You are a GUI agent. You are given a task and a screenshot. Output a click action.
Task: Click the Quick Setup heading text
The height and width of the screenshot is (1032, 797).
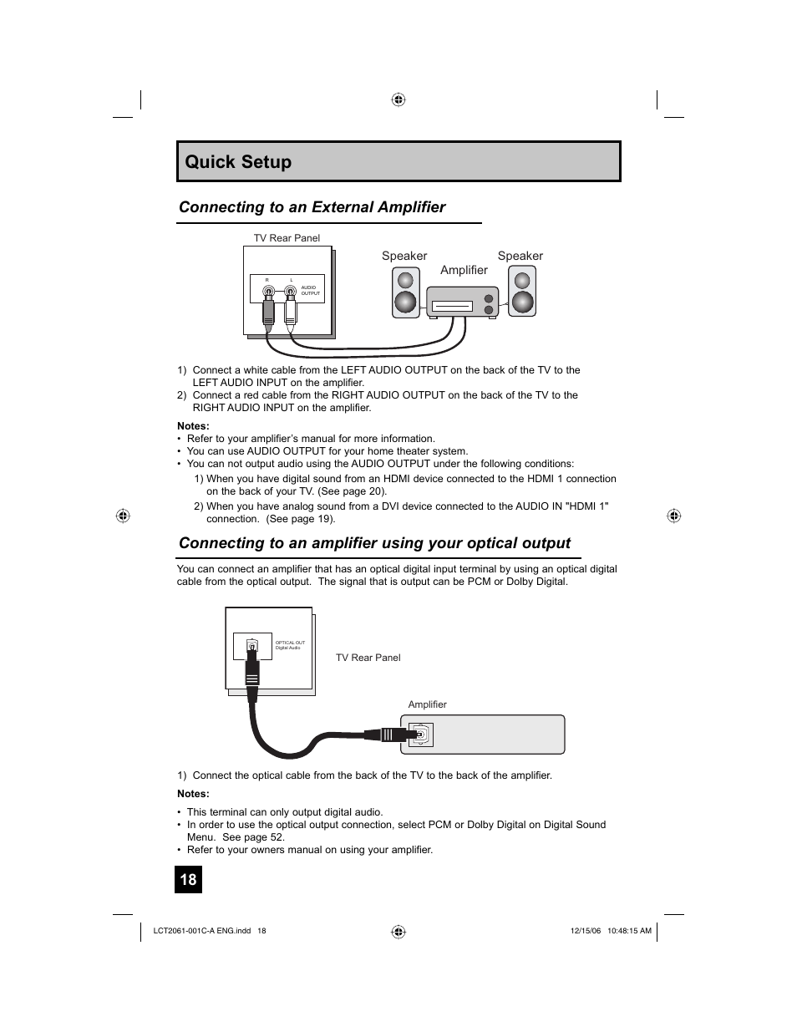point(238,162)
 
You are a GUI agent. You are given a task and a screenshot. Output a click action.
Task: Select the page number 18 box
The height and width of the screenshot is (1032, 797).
point(188,879)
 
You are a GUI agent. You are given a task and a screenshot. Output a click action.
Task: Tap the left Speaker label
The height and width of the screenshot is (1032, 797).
point(404,256)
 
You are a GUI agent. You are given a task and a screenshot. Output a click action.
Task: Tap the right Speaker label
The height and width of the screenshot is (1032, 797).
point(520,256)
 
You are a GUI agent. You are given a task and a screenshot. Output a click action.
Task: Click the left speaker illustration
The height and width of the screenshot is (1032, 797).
point(405,292)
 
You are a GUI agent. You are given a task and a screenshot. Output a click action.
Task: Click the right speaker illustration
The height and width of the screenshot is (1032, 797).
point(522,292)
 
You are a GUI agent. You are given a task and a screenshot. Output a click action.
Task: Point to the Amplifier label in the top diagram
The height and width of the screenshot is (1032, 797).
point(464,270)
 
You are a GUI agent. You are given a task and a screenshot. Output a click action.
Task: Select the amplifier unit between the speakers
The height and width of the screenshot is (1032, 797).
point(462,302)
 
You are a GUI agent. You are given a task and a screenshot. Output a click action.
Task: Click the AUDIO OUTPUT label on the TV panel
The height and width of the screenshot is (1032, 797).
point(310,290)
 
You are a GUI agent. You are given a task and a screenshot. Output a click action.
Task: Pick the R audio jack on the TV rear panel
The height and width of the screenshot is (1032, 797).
point(267,292)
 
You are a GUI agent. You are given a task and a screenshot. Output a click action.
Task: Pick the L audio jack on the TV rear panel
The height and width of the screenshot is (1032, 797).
point(290,292)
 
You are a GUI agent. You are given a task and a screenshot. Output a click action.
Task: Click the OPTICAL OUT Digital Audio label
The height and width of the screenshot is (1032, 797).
point(290,645)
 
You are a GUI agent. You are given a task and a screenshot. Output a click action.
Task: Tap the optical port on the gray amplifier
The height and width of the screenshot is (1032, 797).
point(423,735)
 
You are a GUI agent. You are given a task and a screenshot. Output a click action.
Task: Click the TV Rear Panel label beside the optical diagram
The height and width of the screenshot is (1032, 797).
point(368,658)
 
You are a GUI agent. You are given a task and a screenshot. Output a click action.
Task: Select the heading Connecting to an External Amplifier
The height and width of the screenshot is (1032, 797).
point(312,207)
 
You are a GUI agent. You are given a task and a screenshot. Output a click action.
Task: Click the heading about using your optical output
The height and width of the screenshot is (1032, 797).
point(374,543)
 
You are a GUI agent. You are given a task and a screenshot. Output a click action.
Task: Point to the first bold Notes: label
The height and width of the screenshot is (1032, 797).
point(193,426)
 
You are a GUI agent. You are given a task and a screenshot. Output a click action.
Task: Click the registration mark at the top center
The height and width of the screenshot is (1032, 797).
point(398,99)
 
